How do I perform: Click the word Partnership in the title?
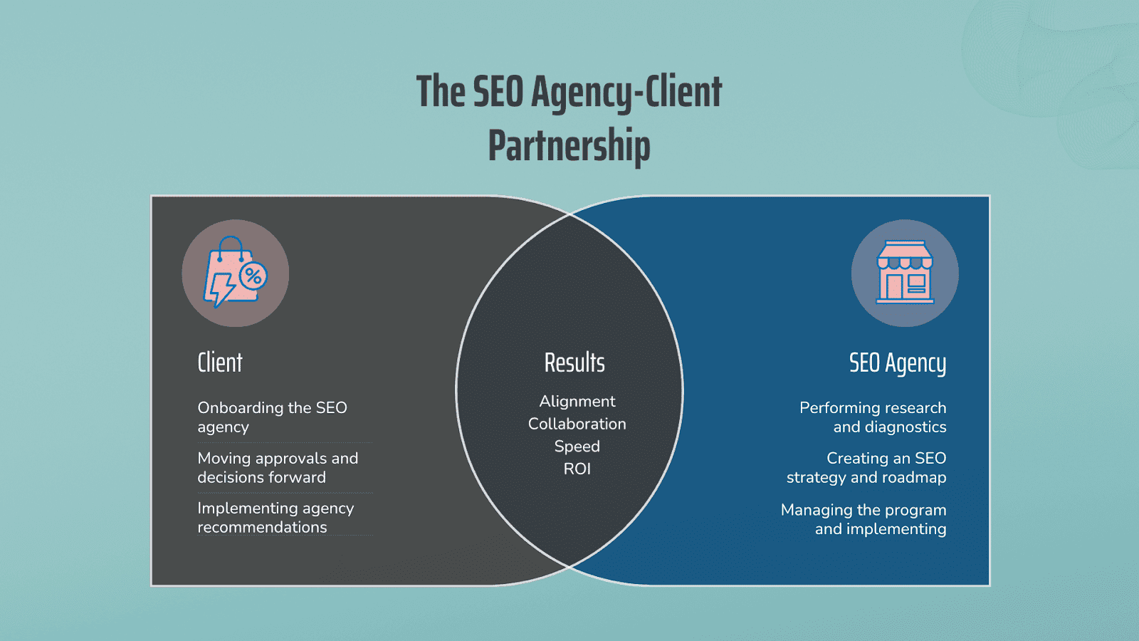pyautogui.click(x=569, y=145)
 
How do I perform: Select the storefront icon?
pyautogui.click(x=905, y=272)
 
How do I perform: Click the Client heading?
pyautogui.click(x=220, y=363)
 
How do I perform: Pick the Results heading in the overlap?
pyautogui.click(x=574, y=363)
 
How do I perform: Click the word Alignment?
pyautogui.click(x=577, y=402)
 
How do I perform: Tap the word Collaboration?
pyautogui.click(x=577, y=424)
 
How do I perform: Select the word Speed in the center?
pyautogui.click(x=577, y=447)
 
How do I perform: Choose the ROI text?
pyautogui.click(x=577, y=469)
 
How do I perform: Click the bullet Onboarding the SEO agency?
pyautogui.click(x=272, y=417)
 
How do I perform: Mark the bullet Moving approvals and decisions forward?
pyautogui.click(x=278, y=467)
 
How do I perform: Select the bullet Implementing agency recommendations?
pyautogui.click(x=275, y=517)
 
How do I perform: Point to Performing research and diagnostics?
pyautogui.click(x=873, y=417)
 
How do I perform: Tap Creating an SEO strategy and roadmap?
pyautogui.click(x=866, y=467)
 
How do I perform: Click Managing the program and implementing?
pyautogui.click(x=864, y=519)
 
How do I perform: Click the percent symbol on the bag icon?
pyautogui.click(x=253, y=276)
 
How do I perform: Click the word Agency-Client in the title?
pyautogui.click(x=626, y=92)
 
